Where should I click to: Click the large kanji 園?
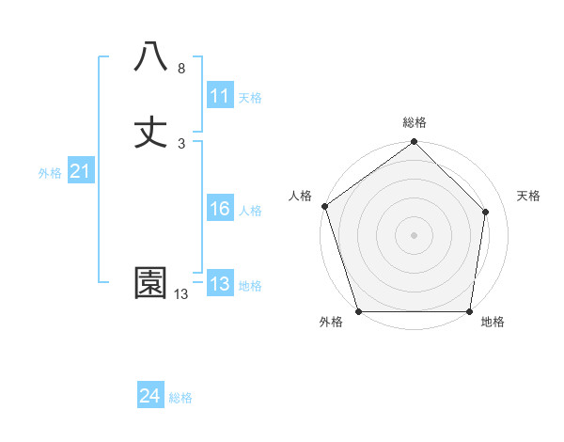pyautogui.click(x=150, y=283)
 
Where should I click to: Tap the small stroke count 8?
pyautogui.click(x=180, y=69)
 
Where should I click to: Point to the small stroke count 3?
pyautogui.click(x=180, y=144)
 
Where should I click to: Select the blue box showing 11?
pyautogui.click(x=219, y=97)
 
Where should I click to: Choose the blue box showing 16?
pyautogui.click(x=219, y=209)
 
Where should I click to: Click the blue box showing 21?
pyautogui.click(x=80, y=171)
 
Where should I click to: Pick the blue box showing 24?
pyautogui.click(x=149, y=396)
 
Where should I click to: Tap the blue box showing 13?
pyautogui.click(x=219, y=284)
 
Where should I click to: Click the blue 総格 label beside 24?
pyautogui.click(x=180, y=398)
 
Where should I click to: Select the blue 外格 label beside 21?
pyautogui.click(x=50, y=173)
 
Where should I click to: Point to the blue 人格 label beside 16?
pyautogui.click(x=250, y=211)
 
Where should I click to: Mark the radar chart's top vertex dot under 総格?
pyautogui.click(x=414, y=143)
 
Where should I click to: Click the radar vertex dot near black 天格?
pyautogui.click(x=486, y=212)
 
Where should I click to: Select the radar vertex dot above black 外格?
pyautogui.click(x=358, y=311)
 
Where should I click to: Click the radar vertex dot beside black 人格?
pyautogui.click(x=324, y=206)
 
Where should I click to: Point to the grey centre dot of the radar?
pyautogui.click(x=414, y=234)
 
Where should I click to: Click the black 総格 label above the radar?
pyautogui.click(x=414, y=122)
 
